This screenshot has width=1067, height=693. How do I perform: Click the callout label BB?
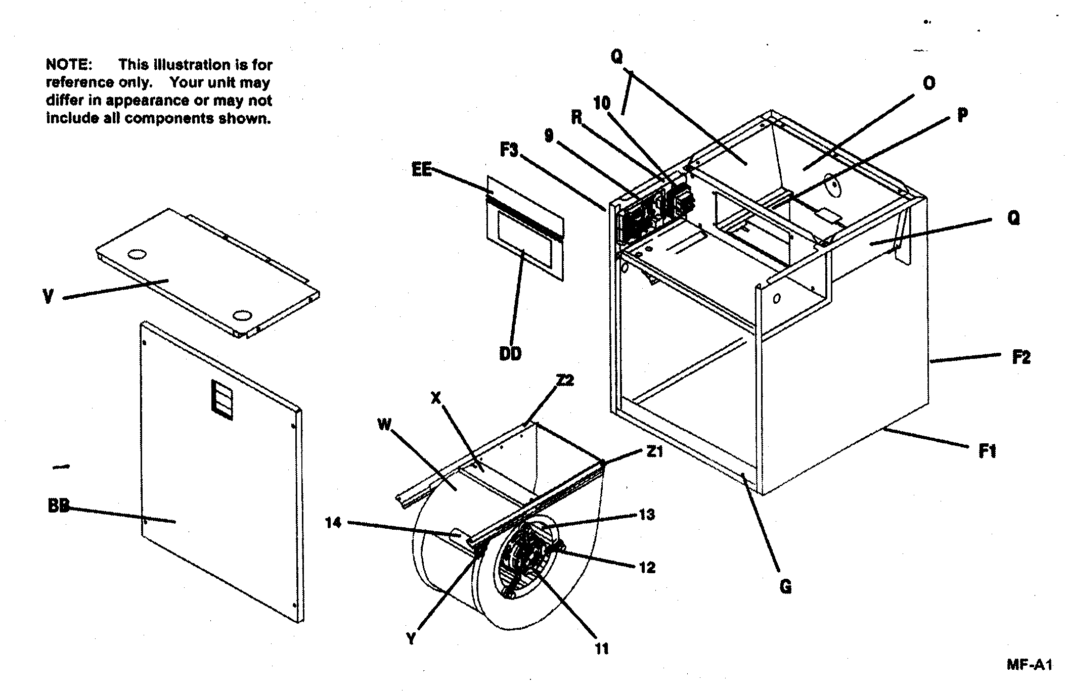click(x=58, y=506)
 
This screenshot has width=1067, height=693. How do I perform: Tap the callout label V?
click(x=48, y=296)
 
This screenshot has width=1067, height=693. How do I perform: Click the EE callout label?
click(x=422, y=170)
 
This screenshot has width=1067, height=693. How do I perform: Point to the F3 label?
click(x=509, y=150)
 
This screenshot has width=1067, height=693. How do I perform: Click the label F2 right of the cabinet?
click(x=1021, y=358)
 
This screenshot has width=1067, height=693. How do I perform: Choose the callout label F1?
click(x=987, y=451)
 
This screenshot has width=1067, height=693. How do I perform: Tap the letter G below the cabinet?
click(x=785, y=587)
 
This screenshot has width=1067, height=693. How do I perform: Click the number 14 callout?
click(x=333, y=523)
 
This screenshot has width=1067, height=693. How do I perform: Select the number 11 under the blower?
click(x=602, y=649)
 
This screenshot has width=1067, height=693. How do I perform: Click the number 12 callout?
click(x=647, y=567)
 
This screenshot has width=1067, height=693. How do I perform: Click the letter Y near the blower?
click(x=412, y=639)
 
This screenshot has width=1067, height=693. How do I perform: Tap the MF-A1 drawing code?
click(x=1029, y=665)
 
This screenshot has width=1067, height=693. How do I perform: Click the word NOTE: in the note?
click(x=69, y=65)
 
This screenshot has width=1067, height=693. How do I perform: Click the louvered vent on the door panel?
click(x=222, y=399)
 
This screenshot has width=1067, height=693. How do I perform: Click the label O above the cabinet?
click(x=928, y=83)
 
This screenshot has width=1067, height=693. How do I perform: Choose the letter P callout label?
click(x=962, y=115)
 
